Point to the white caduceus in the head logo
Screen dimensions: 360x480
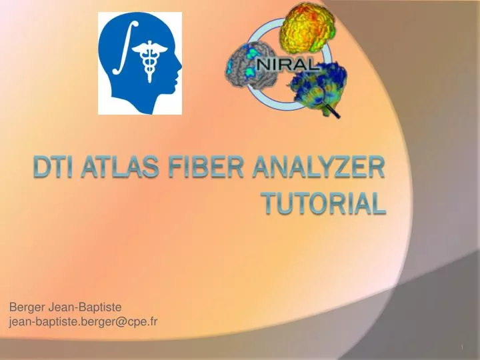pos(147,63)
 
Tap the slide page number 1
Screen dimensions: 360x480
pos(462,348)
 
